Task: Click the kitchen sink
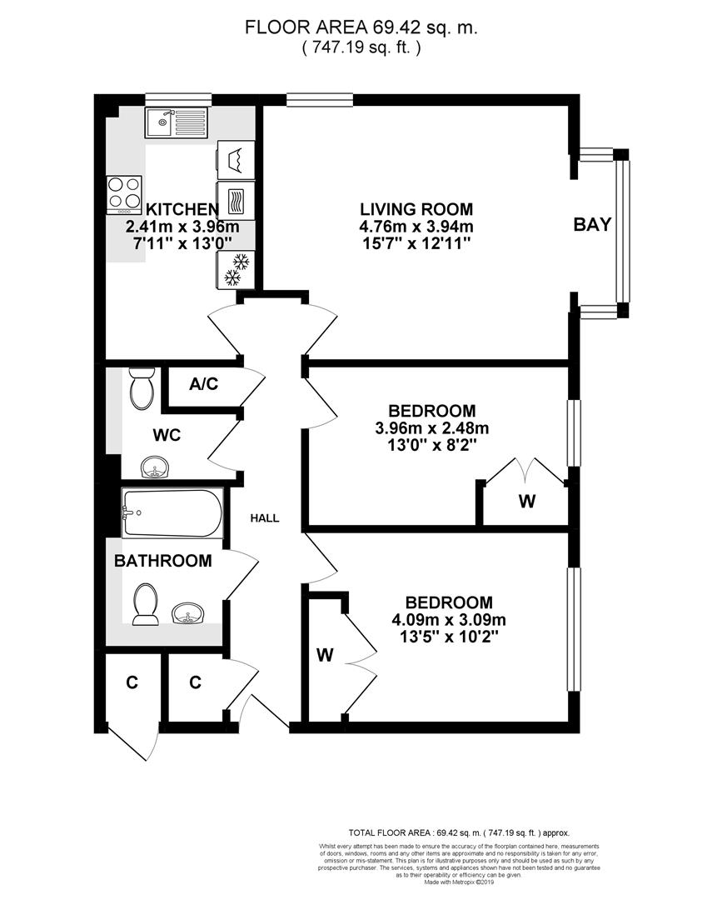[170, 124]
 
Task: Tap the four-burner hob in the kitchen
[123, 193]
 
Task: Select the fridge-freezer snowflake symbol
[235, 270]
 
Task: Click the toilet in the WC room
[142, 389]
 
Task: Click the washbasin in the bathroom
[190, 615]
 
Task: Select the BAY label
[592, 224]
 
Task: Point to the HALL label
[265, 518]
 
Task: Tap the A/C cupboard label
[203, 384]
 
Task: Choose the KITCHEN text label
[182, 209]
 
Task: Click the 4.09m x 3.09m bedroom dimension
[449, 620]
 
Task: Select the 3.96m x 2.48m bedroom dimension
[432, 429]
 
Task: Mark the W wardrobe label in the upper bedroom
[525, 502]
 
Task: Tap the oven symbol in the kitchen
[235, 201]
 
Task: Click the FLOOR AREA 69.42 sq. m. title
[361, 27]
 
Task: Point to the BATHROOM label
[162, 561]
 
